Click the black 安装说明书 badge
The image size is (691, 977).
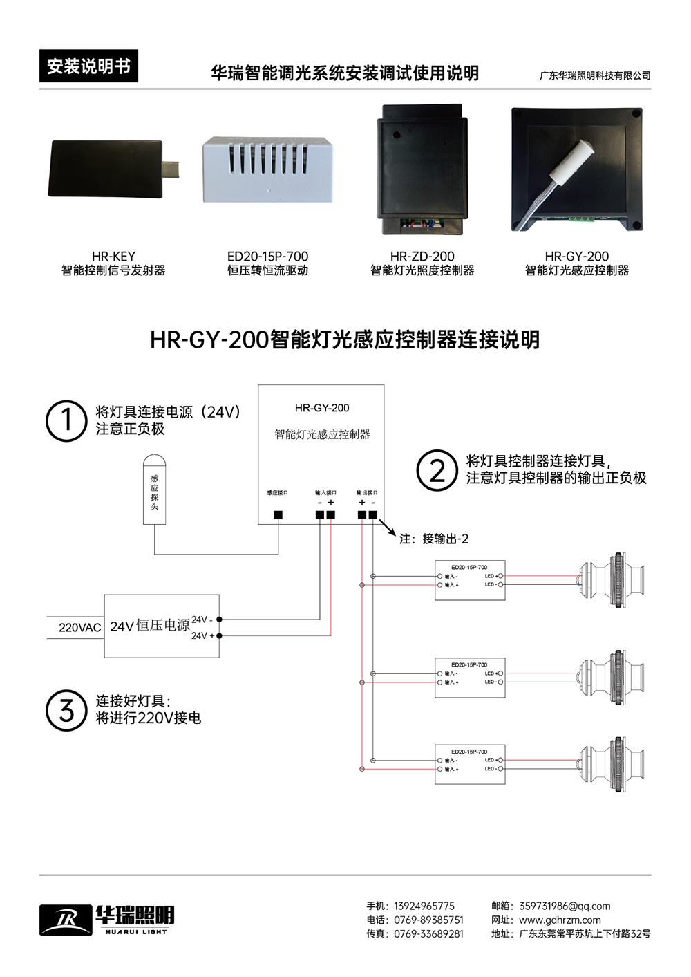[x=88, y=66]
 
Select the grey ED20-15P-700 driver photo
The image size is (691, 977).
[x=267, y=169]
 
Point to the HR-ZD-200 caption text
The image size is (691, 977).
[x=422, y=257]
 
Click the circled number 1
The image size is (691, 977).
[x=66, y=420]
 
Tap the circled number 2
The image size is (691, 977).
[x=437, y=471]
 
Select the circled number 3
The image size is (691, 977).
[x=66, y=710]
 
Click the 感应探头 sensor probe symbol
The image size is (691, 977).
[x=154, y=489]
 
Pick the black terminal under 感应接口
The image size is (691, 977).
[x=278, y=514]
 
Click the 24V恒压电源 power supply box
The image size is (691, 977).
[x=162, y=626]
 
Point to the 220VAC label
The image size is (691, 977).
[x=79, y=628]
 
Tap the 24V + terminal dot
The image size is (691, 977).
[x=220, y=635]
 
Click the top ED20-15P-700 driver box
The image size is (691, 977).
[x=470, y=580]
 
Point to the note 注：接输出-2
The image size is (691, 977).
[x=434, y=539]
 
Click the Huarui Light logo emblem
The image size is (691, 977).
[x=66, y=919]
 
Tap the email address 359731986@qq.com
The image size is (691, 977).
[x=565, y=906]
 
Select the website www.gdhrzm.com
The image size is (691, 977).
[x=560, y=920]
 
